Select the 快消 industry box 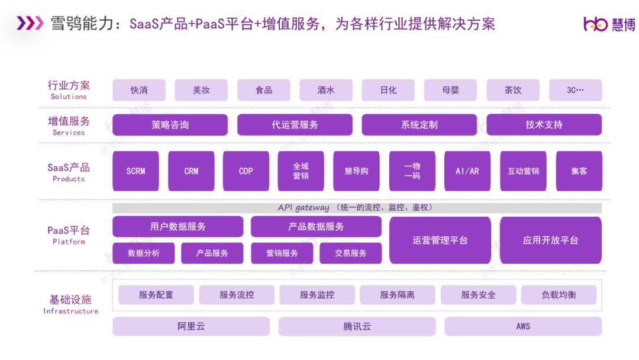click(x=139, y=90)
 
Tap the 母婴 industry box click(x=450, y=90)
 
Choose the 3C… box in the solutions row click(x=575, y=90)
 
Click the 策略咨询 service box click(x=170, y=125)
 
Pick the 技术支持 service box click(x=544, y=125)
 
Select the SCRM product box click(x=135, y=171)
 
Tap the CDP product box click(x=246, y=171)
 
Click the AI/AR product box click(x=467, y=171)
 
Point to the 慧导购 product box click(x=356, y=171)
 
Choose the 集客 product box click(x=579, y=171)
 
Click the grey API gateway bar click(x=357, y=208)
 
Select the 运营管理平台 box click(x=440, y=240)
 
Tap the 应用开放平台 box click(x=550, y=240)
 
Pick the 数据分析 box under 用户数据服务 click(x=143, y=253)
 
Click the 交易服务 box click(x=351, y=253)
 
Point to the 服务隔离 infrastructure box click(x=397, y=295)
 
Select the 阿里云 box click(x=191, y=326)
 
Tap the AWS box click(x=523, y=326)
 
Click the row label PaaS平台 click(x=69, y=232)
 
